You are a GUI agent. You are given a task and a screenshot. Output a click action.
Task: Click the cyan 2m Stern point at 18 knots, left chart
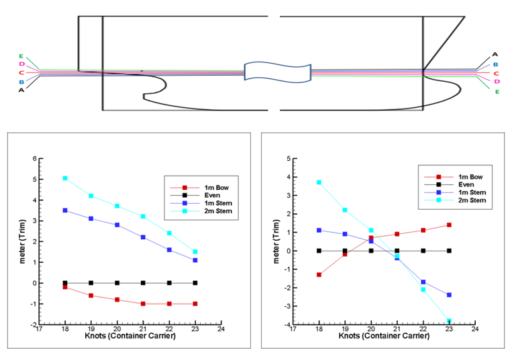tap(65, 178)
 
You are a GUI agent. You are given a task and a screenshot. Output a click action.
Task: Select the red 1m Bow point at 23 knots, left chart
tap(195, 304)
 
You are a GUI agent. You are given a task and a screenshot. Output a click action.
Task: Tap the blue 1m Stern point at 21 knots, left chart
tap(143, 237)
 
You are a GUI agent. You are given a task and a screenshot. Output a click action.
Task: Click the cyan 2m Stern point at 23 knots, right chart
tap(449, 321)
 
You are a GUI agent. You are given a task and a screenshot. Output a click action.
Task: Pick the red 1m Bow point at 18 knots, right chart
tap(319, 275)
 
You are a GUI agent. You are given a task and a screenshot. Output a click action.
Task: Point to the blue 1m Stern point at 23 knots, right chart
tap(449, 295)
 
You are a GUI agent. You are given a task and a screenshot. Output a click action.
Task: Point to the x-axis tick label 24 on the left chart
tap(221, 330)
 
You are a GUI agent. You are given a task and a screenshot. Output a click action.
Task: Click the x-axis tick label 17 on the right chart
tap(293, 330)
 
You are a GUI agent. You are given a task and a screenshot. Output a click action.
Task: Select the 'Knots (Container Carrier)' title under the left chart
tap(130, 337)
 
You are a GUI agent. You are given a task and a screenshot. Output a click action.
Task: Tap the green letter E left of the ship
tap(21, 56)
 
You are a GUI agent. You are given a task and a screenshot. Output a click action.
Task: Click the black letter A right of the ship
tap(495, 54)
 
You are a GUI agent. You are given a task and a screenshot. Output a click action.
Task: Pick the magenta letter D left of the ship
tap(21, 64)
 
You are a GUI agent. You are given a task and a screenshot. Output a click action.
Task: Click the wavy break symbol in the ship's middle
tap(277, 72)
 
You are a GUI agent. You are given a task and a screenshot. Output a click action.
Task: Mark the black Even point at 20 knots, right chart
tap(371, 251)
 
